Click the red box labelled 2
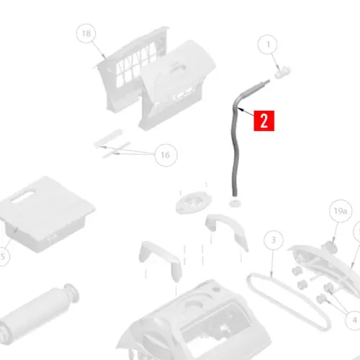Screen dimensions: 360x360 pos(264,121)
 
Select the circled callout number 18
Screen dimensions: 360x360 pos(86,33)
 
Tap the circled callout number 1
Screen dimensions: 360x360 pos(268,45)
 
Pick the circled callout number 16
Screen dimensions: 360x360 pos(166,155)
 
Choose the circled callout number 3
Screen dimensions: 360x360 pos(274,240)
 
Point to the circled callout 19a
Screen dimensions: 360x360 pos(341,211)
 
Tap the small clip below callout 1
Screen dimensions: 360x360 pos(282,72)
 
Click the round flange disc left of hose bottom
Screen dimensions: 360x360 pos(194,202)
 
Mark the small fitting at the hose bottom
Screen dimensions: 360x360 pos(235,202)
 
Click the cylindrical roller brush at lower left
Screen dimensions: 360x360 pos(38,315)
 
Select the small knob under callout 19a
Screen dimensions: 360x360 pos(330,247)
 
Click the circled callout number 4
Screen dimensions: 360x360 pos(354,320)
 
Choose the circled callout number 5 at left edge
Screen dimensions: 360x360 pos(3,256)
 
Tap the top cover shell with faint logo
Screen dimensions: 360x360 pos(178,84)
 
